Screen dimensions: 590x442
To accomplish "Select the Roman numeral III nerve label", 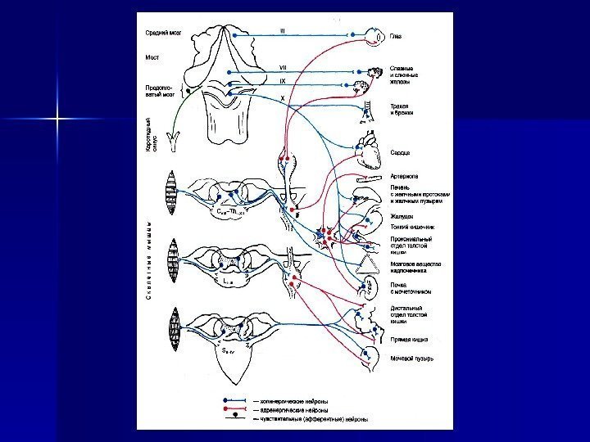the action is [282, 31].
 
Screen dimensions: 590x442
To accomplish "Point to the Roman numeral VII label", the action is [282, 68].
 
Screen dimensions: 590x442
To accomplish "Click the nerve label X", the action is [283, 97].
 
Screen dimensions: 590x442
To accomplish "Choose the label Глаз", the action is [396, 37].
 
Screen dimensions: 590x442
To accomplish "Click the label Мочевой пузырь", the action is [412, 357].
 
